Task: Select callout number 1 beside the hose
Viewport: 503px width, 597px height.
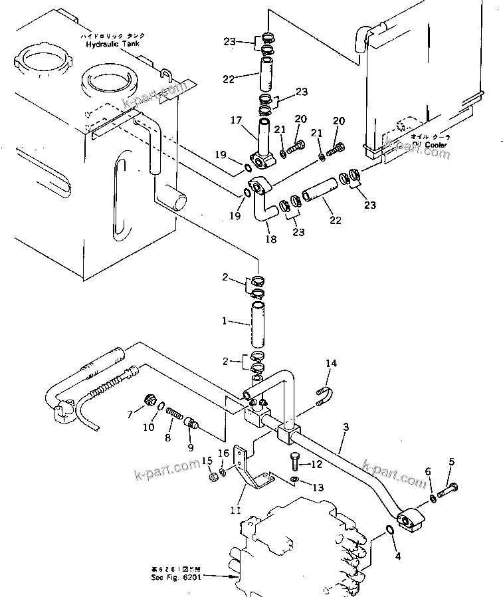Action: (226, 321)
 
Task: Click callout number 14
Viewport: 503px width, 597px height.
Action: (331, 363)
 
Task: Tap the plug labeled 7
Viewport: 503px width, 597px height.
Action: (150, 400)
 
